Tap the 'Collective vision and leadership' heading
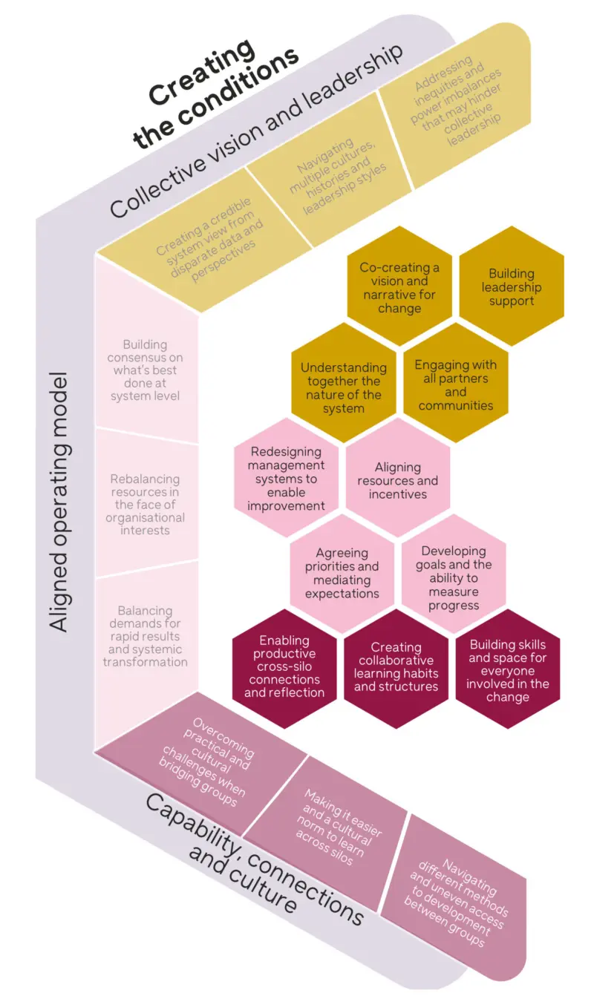pyautogui.click(x=256, y=131)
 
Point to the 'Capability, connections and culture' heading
pyautogui.click(x=245, y=861)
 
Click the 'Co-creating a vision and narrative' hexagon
pyautogui.click(x=399, y=288)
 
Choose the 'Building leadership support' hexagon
pyautogui.click(x=512, y=287)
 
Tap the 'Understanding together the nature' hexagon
pyautogui.click(x=344, y=387)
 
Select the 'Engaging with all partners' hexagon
pyautogui.click(x=455, y=385)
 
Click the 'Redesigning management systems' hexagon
pyautogui.click(x=287, y=479)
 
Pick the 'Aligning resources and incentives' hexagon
pyautogui.click(x=398, y=480)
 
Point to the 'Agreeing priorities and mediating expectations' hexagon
pyautogui.click(x=342, y=573)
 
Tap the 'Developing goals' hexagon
pyautogui.click(x=454, y=578)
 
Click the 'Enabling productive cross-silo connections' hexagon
pyautogui.click(x=284, y=666)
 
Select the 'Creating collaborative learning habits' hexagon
pyautogui.click(x=396, y=666)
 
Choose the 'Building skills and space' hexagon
pyautogui.click(x=508, y=669)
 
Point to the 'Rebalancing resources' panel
pyautogui.click(x=146, y=505)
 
